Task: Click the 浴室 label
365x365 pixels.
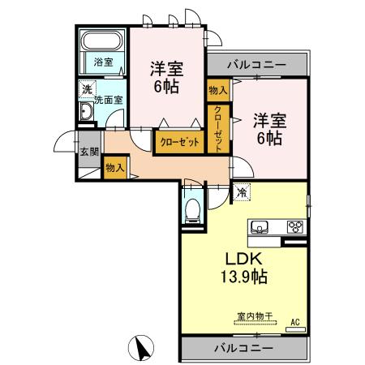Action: [102, 62]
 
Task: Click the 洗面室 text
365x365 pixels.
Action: [108, 101]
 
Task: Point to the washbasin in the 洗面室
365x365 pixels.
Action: [85, 113]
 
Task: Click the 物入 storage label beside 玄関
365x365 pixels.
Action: [114, 168]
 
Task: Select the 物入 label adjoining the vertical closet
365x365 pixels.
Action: [217, 91]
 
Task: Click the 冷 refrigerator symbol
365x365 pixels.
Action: [243, 192]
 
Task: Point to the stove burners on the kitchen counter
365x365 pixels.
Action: [295, 227]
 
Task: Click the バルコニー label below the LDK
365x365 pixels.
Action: [244, 347]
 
